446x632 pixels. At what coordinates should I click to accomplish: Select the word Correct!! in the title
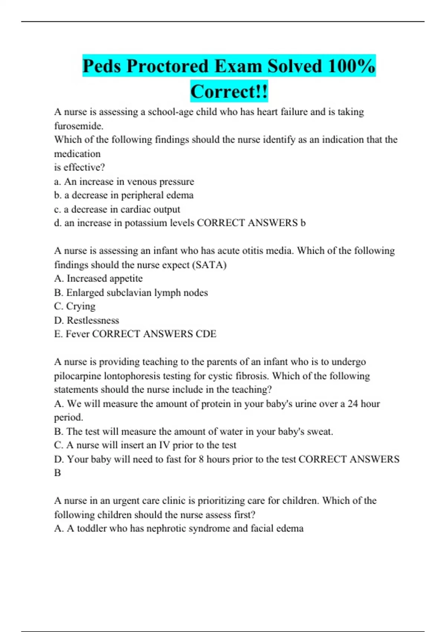[229, 91]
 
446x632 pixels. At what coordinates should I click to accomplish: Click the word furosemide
[78, 126]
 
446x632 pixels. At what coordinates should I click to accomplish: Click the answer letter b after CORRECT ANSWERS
[303, 223]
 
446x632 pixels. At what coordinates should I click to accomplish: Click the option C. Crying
[75, 306]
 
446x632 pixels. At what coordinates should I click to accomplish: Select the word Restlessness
[93, 320]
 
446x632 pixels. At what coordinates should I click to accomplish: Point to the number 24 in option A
[353, 404]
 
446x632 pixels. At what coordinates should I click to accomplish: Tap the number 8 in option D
[201, 459]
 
